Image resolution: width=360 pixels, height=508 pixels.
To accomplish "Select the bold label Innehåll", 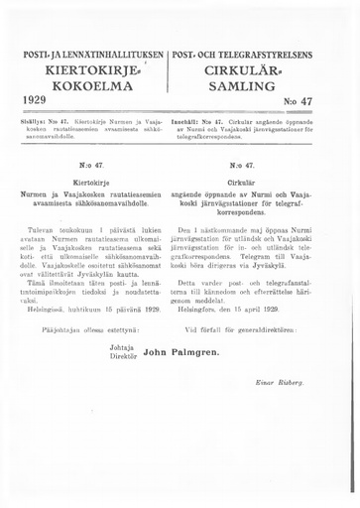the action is [x=193, y=120].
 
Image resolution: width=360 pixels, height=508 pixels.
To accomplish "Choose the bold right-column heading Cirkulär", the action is [x=263, y=184].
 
